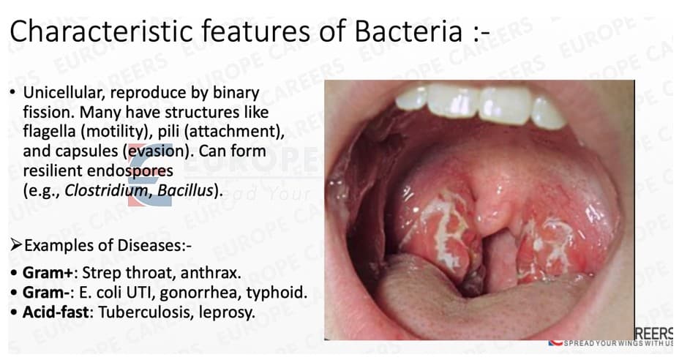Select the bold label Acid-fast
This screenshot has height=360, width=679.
tap(51, 312)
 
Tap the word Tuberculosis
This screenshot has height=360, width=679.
tap(130, 312)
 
